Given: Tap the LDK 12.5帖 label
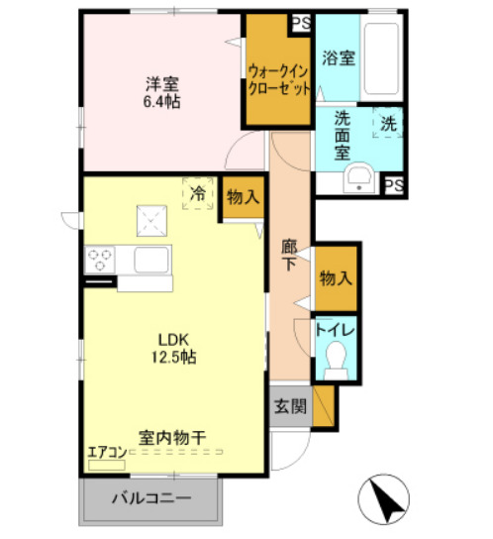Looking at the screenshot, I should tap(173, 347).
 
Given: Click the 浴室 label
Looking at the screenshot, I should tap(341, 57).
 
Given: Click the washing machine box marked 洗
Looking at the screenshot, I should tap(388, 124).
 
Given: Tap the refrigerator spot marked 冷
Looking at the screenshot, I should tap(198, 193).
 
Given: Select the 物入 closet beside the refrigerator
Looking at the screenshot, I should tap(242, 197).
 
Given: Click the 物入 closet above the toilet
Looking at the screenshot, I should tap(335, 279).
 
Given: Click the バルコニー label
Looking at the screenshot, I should tap(150, 497).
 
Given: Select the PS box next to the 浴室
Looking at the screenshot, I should tap(299, 22).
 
